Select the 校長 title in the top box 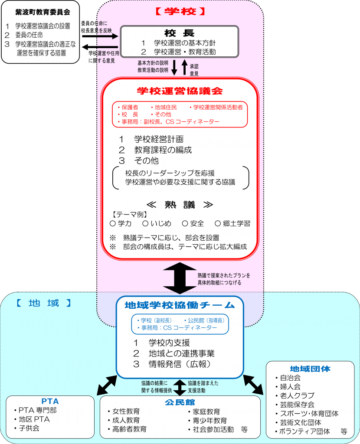(x=179, y=33)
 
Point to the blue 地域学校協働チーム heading (x=180, y=305)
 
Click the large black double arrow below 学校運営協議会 (x=180, y=277)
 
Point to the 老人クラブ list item (x=297, y=395)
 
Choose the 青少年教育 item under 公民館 (x=207, y=420)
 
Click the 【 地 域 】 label (x=43, y=303)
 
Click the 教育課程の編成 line (x=163, y=150)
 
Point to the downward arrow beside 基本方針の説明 (x=174, y=67)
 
